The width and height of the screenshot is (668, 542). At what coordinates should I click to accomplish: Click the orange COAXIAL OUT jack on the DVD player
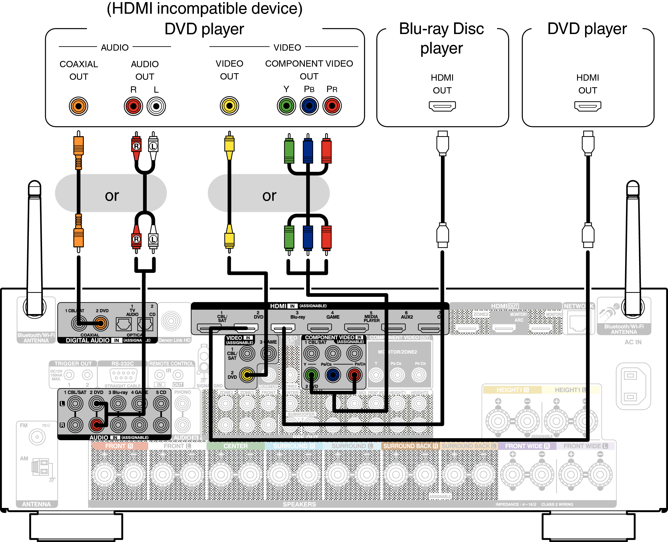pos(78,106)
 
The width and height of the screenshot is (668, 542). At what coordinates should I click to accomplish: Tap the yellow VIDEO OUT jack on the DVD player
pos(229,106)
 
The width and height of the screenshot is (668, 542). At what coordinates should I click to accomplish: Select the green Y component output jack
pos(286,106)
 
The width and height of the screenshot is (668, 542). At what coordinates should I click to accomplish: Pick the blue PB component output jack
pos(309,106)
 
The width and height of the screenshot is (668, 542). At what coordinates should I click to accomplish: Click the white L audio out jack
pos(156,106)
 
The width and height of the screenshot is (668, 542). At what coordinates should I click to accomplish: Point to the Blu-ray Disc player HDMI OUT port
pos(442,106)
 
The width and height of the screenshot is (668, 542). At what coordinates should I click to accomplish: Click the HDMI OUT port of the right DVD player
pos(587,106)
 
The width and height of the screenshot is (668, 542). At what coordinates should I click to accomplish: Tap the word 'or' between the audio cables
pos(112,196)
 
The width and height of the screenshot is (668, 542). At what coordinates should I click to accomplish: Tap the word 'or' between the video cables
pos(269,196)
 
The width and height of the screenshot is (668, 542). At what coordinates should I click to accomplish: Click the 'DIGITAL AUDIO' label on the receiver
pos(88,340)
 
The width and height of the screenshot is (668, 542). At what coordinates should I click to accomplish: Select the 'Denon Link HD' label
pos(174,340)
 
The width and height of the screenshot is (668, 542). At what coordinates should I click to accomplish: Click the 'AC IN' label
pos(633,342)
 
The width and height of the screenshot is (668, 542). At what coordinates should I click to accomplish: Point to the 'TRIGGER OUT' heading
pos(73,364)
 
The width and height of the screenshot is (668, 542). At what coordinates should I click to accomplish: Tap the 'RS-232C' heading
pos(122,364)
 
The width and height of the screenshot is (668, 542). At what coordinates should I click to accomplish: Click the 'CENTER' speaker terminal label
pos(235,446)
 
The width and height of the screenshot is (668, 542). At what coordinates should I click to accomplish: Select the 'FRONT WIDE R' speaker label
pos(527,446)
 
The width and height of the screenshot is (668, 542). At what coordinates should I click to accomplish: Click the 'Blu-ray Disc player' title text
pos(442,38)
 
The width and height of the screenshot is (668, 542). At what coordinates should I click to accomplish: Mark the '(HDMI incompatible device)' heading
pos(204,9)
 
